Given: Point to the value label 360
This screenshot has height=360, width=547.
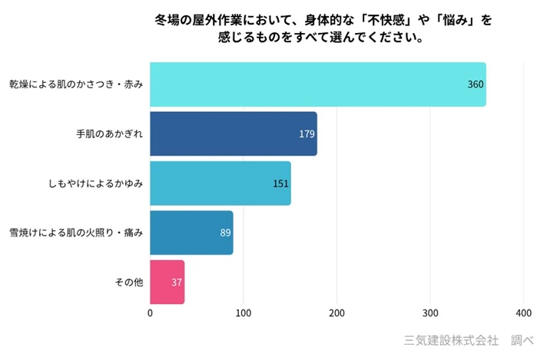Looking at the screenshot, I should tap(476, 84).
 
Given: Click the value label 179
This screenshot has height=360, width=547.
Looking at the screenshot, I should tap(307, 134).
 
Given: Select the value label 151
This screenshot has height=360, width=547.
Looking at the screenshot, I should tap(280, 183).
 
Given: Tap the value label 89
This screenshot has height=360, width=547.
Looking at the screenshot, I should tap(225, 232).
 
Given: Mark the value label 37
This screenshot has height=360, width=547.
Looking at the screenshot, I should tap(177, 282).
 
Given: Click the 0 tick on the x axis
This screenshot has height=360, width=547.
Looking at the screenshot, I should tap(150, 314).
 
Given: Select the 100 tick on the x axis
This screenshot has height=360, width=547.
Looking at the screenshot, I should tap(244, 314).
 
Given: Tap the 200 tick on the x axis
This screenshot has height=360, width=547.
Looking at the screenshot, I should tap(337, 314).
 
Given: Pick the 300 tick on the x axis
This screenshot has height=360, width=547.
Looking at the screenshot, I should tap(430, 314).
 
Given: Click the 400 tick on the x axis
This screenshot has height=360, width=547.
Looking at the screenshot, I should tap(524, 314).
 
